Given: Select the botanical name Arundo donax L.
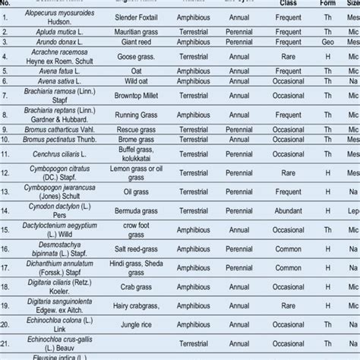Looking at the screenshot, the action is click(48, 43).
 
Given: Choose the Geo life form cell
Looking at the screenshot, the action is click(328, 43).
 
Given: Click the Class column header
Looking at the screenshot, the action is click(287, 3).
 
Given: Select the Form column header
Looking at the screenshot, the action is click(328, 3).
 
